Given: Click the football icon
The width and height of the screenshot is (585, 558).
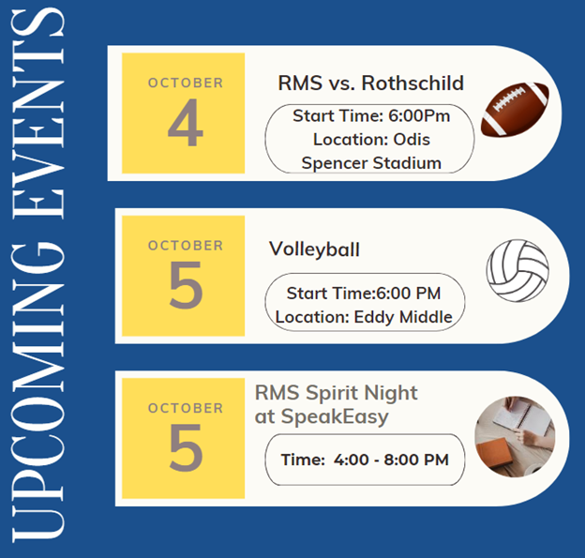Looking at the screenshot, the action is [516, 110].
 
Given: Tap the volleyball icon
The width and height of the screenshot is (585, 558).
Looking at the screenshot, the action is [517, 270].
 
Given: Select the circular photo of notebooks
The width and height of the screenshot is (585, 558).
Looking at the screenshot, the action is [515, 437].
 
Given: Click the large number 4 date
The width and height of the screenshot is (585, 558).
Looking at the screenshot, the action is [186, 123].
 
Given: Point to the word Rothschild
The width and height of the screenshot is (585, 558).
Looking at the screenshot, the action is [412, 83].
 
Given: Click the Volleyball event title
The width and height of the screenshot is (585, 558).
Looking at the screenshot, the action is [314, 249].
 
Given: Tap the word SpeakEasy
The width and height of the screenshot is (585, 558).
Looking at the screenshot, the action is [335, 416].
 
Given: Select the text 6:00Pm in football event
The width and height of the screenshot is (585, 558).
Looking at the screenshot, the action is [419, 115].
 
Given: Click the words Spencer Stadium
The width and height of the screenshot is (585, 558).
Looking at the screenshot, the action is [371, 163].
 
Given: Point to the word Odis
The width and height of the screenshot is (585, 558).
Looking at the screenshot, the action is [412, 139].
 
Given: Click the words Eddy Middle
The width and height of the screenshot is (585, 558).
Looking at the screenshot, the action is [403, 317].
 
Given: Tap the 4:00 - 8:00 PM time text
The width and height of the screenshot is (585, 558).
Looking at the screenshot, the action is [391, 460].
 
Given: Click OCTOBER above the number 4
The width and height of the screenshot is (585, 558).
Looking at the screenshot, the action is [186, 83].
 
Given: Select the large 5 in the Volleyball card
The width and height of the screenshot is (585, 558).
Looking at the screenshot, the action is [186, 285].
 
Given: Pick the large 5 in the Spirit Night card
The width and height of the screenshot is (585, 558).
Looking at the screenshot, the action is [186, 447].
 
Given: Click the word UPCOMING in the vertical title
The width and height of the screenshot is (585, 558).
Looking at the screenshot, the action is [38, 393].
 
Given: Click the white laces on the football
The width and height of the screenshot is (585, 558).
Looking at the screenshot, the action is [508, 98].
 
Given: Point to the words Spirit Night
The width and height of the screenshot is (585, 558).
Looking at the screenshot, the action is [362, 393].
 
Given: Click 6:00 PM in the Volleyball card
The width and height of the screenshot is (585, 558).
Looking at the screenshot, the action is [408, 293].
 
